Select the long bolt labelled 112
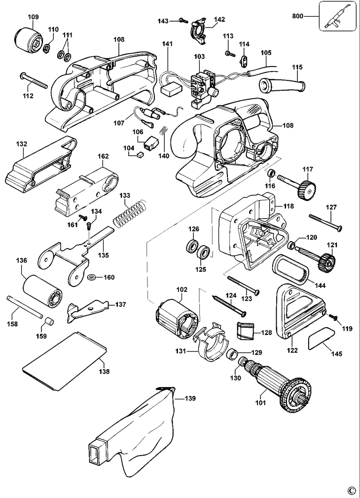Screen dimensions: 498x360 tap(34, 79)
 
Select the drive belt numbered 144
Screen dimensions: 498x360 tap(292, 268)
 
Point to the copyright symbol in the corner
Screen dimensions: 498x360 tap(351, 490)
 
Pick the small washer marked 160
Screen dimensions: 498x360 tap(92, 278)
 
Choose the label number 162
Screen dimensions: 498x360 tap(103, 156)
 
